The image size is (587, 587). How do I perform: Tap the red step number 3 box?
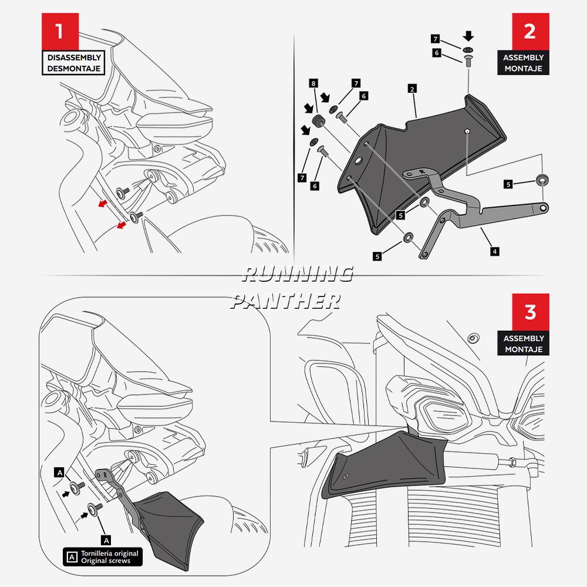pyautogui.click(x=529, y=312)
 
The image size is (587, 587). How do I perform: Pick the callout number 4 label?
pyautogui.click(x=495, y=251)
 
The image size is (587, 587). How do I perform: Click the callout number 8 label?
pyautogui.click(x=314, y=85)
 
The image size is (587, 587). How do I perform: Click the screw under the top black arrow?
pyautogui.click(x=468, y=60)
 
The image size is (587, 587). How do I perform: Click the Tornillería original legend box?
pyautogui.click(x=103, y=556)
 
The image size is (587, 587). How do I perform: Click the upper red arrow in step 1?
pyautogui.click(x=103, y=204)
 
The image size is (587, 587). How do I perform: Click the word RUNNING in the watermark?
pyautogui.click(x=297, y=274)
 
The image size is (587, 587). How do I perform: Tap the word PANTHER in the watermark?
pyautogui.click(x=286, y=301)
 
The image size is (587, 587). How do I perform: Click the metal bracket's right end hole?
pyautogui.click(x=545, y=207)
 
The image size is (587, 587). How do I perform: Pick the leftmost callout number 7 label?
pyautogui.click(x=302, y=177)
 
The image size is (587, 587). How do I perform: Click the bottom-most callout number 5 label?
pyautogui.click(x=377, y=256)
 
